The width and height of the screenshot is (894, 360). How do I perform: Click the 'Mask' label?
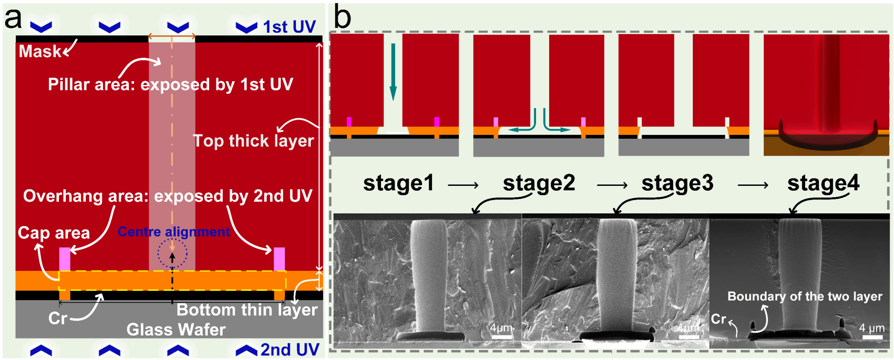click(x=40, y=51)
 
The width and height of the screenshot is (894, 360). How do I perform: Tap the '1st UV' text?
click(x=289, y=27)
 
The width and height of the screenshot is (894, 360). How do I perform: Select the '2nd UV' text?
click(x=289, y=350)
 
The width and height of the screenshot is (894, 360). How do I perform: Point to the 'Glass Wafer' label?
click(x=176, y=329)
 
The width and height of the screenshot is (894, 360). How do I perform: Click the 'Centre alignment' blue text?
click(x=174, y=232)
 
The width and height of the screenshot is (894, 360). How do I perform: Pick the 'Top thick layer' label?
click(x=253, y=141)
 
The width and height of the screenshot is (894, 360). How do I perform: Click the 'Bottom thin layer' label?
click(x=247, y=310)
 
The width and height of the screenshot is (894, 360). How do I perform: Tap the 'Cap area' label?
click(x=54, y=233)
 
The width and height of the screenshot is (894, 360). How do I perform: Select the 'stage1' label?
click(x=399, y=183)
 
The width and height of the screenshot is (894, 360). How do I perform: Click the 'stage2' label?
click(x=539, y=183)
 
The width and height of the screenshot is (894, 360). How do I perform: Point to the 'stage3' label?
click(x=677, y=183)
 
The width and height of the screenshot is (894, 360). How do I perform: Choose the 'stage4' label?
click(x=823, y=183)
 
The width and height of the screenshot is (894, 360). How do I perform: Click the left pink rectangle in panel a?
click(x=65, y=259)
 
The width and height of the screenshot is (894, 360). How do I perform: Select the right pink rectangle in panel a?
click(x=279, y=259)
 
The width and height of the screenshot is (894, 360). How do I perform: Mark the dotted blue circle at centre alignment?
click(x=172, y=254)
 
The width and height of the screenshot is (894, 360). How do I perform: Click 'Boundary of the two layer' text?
click(x=805, y=297)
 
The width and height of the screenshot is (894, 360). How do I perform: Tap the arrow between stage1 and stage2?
click(x=463, y=185)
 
